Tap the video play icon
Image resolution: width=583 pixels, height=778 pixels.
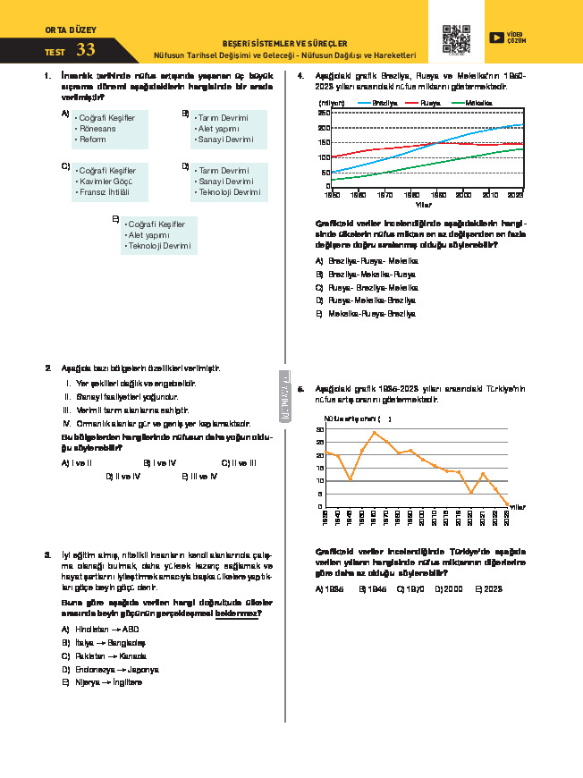click(495, 37)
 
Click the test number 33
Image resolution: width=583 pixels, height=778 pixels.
click(86, 50)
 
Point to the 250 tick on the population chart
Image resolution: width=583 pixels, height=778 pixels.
click(324, 114)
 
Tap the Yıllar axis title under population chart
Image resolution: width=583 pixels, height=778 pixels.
click(424, 204)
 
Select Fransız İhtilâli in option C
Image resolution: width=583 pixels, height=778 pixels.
click(105, 192)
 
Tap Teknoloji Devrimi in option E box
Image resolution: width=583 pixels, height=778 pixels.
click(158, 246)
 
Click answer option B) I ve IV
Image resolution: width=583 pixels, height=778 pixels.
click(161, 463)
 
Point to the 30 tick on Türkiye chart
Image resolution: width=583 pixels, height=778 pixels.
click(320, 430)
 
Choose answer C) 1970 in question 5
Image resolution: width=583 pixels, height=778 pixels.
click(410, 589)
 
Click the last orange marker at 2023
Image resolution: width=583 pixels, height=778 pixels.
click(508, 505)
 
